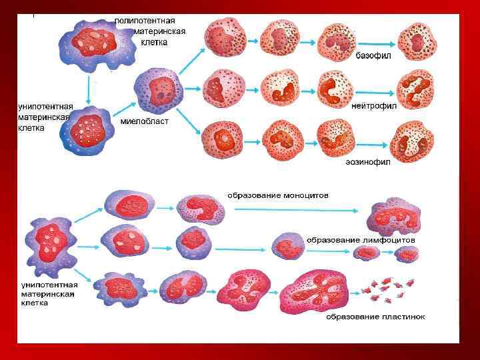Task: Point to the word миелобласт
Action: pyautogui.click(x=144, y=122)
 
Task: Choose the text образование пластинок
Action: pyautogui.click(x=375, y=316)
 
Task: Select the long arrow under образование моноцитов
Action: pyautogui.click(x=293, y=209)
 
